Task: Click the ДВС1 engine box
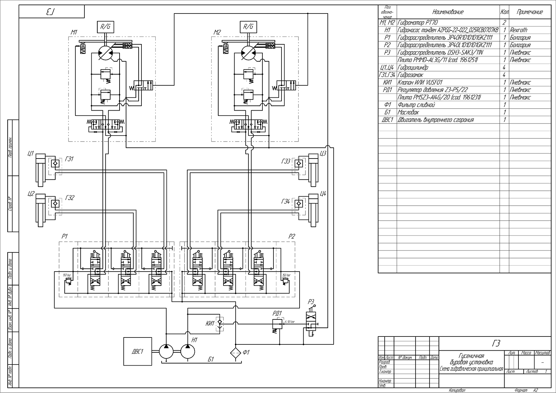coord(138,351)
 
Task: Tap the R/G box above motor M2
coord(248,27)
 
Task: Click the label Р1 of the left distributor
coord(65,236)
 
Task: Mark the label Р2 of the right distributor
coord(292,236)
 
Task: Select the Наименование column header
coord(448,12)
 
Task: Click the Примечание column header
coord(530,12)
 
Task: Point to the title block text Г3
coord(496,343)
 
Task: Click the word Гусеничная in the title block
coord(471,356)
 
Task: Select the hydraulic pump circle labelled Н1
coord(188,351)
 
